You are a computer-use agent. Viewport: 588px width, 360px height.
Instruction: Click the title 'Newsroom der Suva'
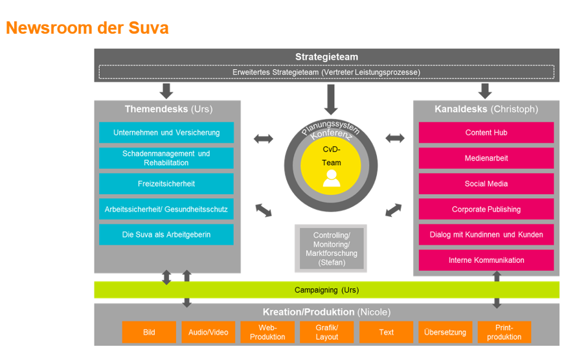(87, 28)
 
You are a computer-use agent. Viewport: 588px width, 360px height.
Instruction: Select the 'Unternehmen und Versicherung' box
(166, 133)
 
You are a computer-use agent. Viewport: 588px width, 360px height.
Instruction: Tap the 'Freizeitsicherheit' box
(166, 184)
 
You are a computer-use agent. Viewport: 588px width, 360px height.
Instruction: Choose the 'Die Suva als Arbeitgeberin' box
(166, 234)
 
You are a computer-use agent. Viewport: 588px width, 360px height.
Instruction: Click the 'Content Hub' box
(486, 133)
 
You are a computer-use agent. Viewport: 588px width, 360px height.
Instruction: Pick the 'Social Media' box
(486, 184)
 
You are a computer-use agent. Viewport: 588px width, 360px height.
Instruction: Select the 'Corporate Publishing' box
(486, 209)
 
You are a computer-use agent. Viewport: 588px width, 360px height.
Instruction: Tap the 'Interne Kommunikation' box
(486, 260)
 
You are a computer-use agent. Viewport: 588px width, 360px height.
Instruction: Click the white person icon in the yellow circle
(332, 177)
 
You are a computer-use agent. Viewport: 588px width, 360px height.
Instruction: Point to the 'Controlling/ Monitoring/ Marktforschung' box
(331, 249)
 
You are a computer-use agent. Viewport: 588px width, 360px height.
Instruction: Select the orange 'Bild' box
(149, 332)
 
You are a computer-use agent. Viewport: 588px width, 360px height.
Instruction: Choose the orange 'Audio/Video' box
(209, 332)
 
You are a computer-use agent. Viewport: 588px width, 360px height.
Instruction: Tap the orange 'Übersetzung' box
(445, 332)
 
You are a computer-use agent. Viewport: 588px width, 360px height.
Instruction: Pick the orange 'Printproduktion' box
(504, 332)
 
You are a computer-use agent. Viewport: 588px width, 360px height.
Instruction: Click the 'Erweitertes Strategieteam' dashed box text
(326, 73)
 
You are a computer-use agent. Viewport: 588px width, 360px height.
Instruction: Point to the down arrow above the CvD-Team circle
(331, 100)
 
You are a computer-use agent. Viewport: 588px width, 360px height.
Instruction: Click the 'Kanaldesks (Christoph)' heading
(486, 109)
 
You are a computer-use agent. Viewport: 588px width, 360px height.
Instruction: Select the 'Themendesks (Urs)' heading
(168, 109)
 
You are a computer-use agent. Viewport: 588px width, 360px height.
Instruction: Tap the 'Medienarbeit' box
(486, 158)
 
